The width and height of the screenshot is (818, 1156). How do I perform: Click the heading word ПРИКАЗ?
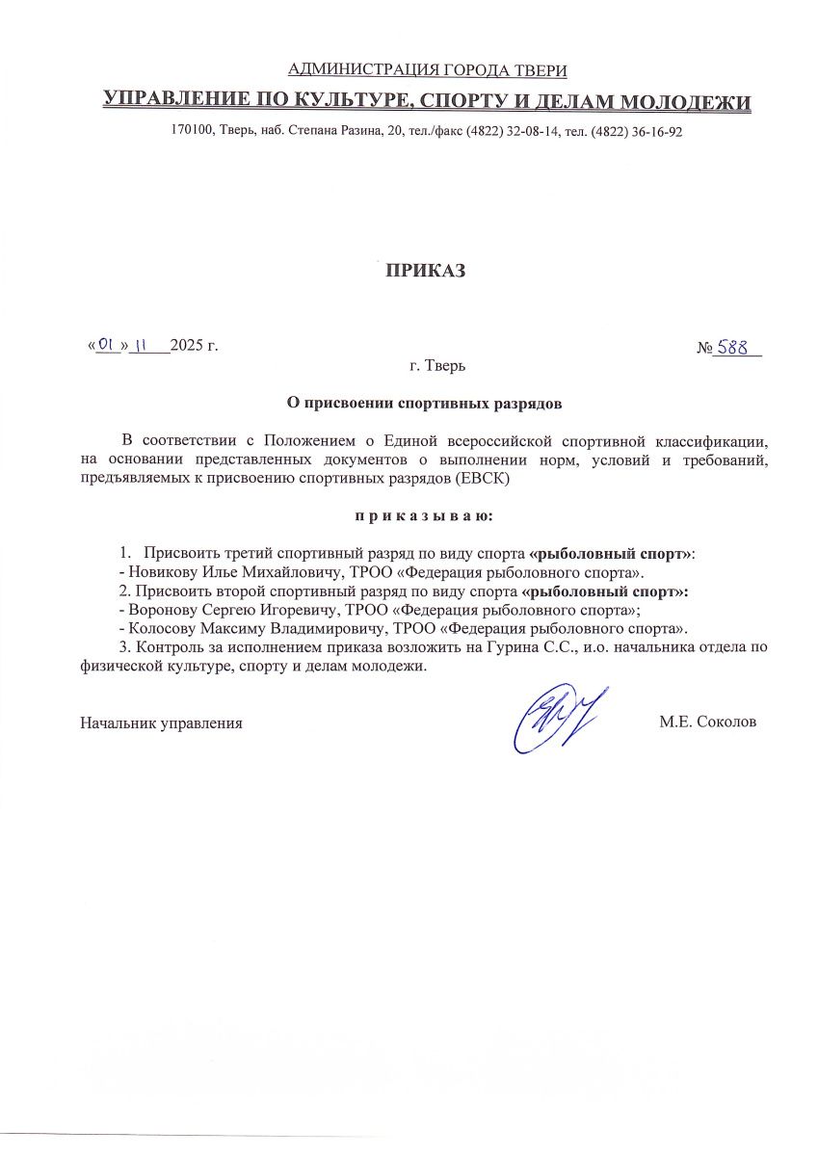(425, 272)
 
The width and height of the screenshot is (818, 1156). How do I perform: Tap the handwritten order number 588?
(737, 347)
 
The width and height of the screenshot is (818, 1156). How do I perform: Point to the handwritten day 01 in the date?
(107, 344)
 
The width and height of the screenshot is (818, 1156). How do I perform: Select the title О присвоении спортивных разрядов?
(425, 401)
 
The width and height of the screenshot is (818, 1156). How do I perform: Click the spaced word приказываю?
(425, 516)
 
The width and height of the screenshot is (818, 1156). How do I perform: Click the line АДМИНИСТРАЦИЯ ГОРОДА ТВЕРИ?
(427, 69)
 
